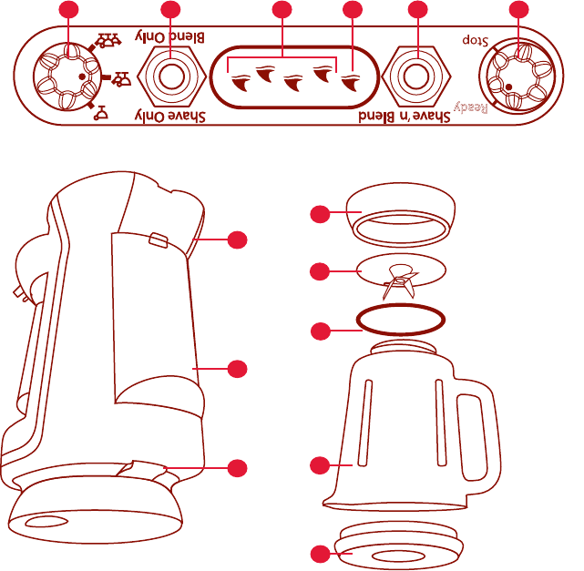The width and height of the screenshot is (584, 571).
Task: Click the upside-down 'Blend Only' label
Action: [170, 37]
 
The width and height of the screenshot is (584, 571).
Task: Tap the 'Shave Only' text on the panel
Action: [170, 116]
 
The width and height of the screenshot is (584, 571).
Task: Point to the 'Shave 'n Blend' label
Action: [398, 117]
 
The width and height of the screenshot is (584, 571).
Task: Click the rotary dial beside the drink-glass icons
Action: [65, 76]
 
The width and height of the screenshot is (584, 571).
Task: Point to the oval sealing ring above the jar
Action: [401, 320]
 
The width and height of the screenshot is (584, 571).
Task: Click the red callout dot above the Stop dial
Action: [518, 10]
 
